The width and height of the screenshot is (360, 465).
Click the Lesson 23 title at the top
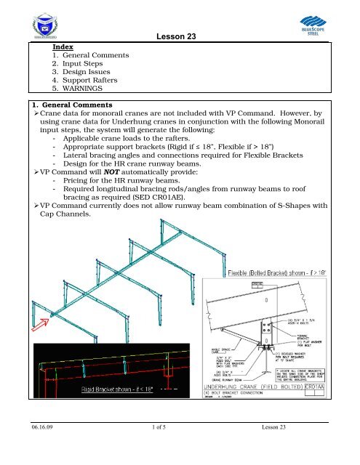pyautogui.click(x=179, y=36)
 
